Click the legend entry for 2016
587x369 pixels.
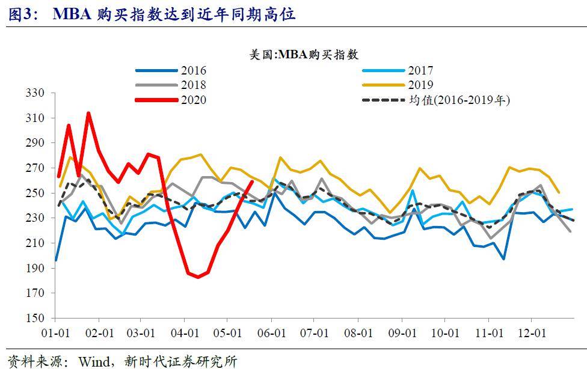(193, 70)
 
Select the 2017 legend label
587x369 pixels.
(420, 70)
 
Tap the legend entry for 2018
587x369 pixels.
(193, 85)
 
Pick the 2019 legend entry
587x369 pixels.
(420, 85)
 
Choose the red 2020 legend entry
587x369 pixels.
(193, 100)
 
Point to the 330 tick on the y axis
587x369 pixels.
(35, 93)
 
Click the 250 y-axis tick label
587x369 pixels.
(35, 194)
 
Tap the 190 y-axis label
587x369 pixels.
(35, 269)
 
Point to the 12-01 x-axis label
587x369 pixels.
(532, 333)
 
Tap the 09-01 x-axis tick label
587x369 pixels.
(403, 333)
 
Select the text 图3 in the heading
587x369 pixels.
(20, 14)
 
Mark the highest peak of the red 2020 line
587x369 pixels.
(88, 112)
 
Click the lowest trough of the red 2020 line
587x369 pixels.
(198, 277)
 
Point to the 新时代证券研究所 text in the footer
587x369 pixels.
(180, 361)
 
